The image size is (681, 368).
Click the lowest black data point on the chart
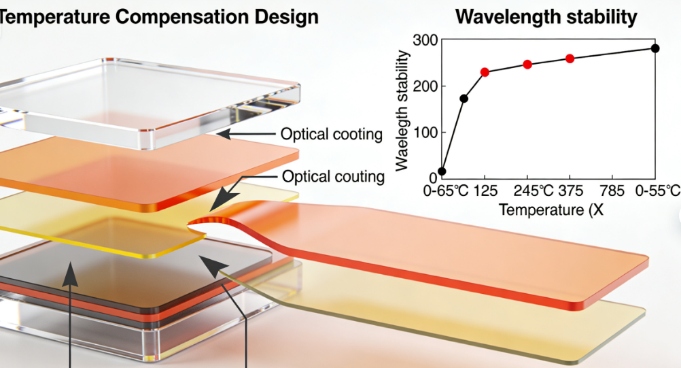(x=442, y=171)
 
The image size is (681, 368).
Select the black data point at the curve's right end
(x=655, y=48)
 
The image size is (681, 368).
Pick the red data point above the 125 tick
(x=485, y=72)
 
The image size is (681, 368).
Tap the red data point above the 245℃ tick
(x=527, y=65)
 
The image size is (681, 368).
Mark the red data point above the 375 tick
(x=570, y=58)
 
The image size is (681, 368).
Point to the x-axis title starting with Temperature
(x=551, y=210)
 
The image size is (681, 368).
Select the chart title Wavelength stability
(x=546, y=16)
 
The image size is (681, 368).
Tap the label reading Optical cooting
(x=332, y=134)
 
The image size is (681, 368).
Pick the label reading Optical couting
(x=333, y=177)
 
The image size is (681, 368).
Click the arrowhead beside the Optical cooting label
(x=222, y=134)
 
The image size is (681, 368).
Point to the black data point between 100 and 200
(x=464, y=99)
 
